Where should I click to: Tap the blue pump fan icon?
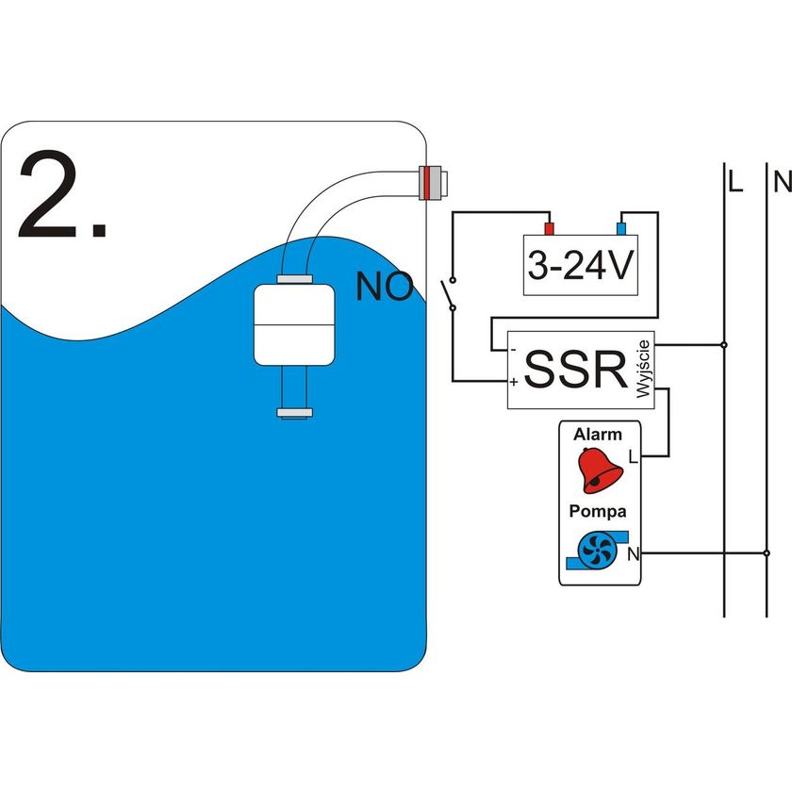click(x=595, y=549)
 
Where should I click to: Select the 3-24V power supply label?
click(x=579, y=268)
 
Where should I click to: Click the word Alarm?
click(x=598, y=435)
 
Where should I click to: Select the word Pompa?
click(x=597, y=511)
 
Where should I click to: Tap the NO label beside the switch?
click(x=384, y=288)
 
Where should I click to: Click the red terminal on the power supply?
click(x=549, y=228)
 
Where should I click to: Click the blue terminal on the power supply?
click(x=620, y=228)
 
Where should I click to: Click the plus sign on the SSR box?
click(x=514, y=383)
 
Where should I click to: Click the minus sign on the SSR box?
click(x=513, y=351)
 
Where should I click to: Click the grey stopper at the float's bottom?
click(x=294, y=412)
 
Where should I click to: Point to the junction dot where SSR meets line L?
click(x=723, y=345)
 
